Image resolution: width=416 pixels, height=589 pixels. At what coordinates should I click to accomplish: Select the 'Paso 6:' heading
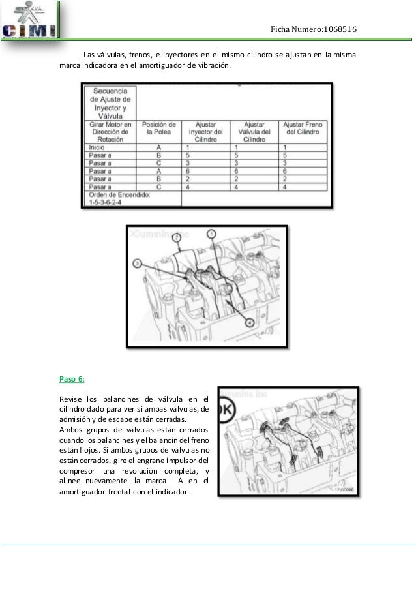72,378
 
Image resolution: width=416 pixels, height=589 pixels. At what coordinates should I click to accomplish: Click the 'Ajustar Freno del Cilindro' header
303,128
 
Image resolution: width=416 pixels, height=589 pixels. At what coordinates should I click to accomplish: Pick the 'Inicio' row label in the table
97,148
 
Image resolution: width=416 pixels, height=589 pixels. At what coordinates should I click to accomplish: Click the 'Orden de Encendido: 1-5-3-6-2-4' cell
120,198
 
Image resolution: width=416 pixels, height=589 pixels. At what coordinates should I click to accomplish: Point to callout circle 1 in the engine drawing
211,234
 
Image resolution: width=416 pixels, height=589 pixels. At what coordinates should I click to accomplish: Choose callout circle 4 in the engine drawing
250,322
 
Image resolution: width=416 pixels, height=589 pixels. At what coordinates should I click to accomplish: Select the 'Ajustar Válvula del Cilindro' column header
254,131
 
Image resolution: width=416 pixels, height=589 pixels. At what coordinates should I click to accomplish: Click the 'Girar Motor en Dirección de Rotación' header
110,131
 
